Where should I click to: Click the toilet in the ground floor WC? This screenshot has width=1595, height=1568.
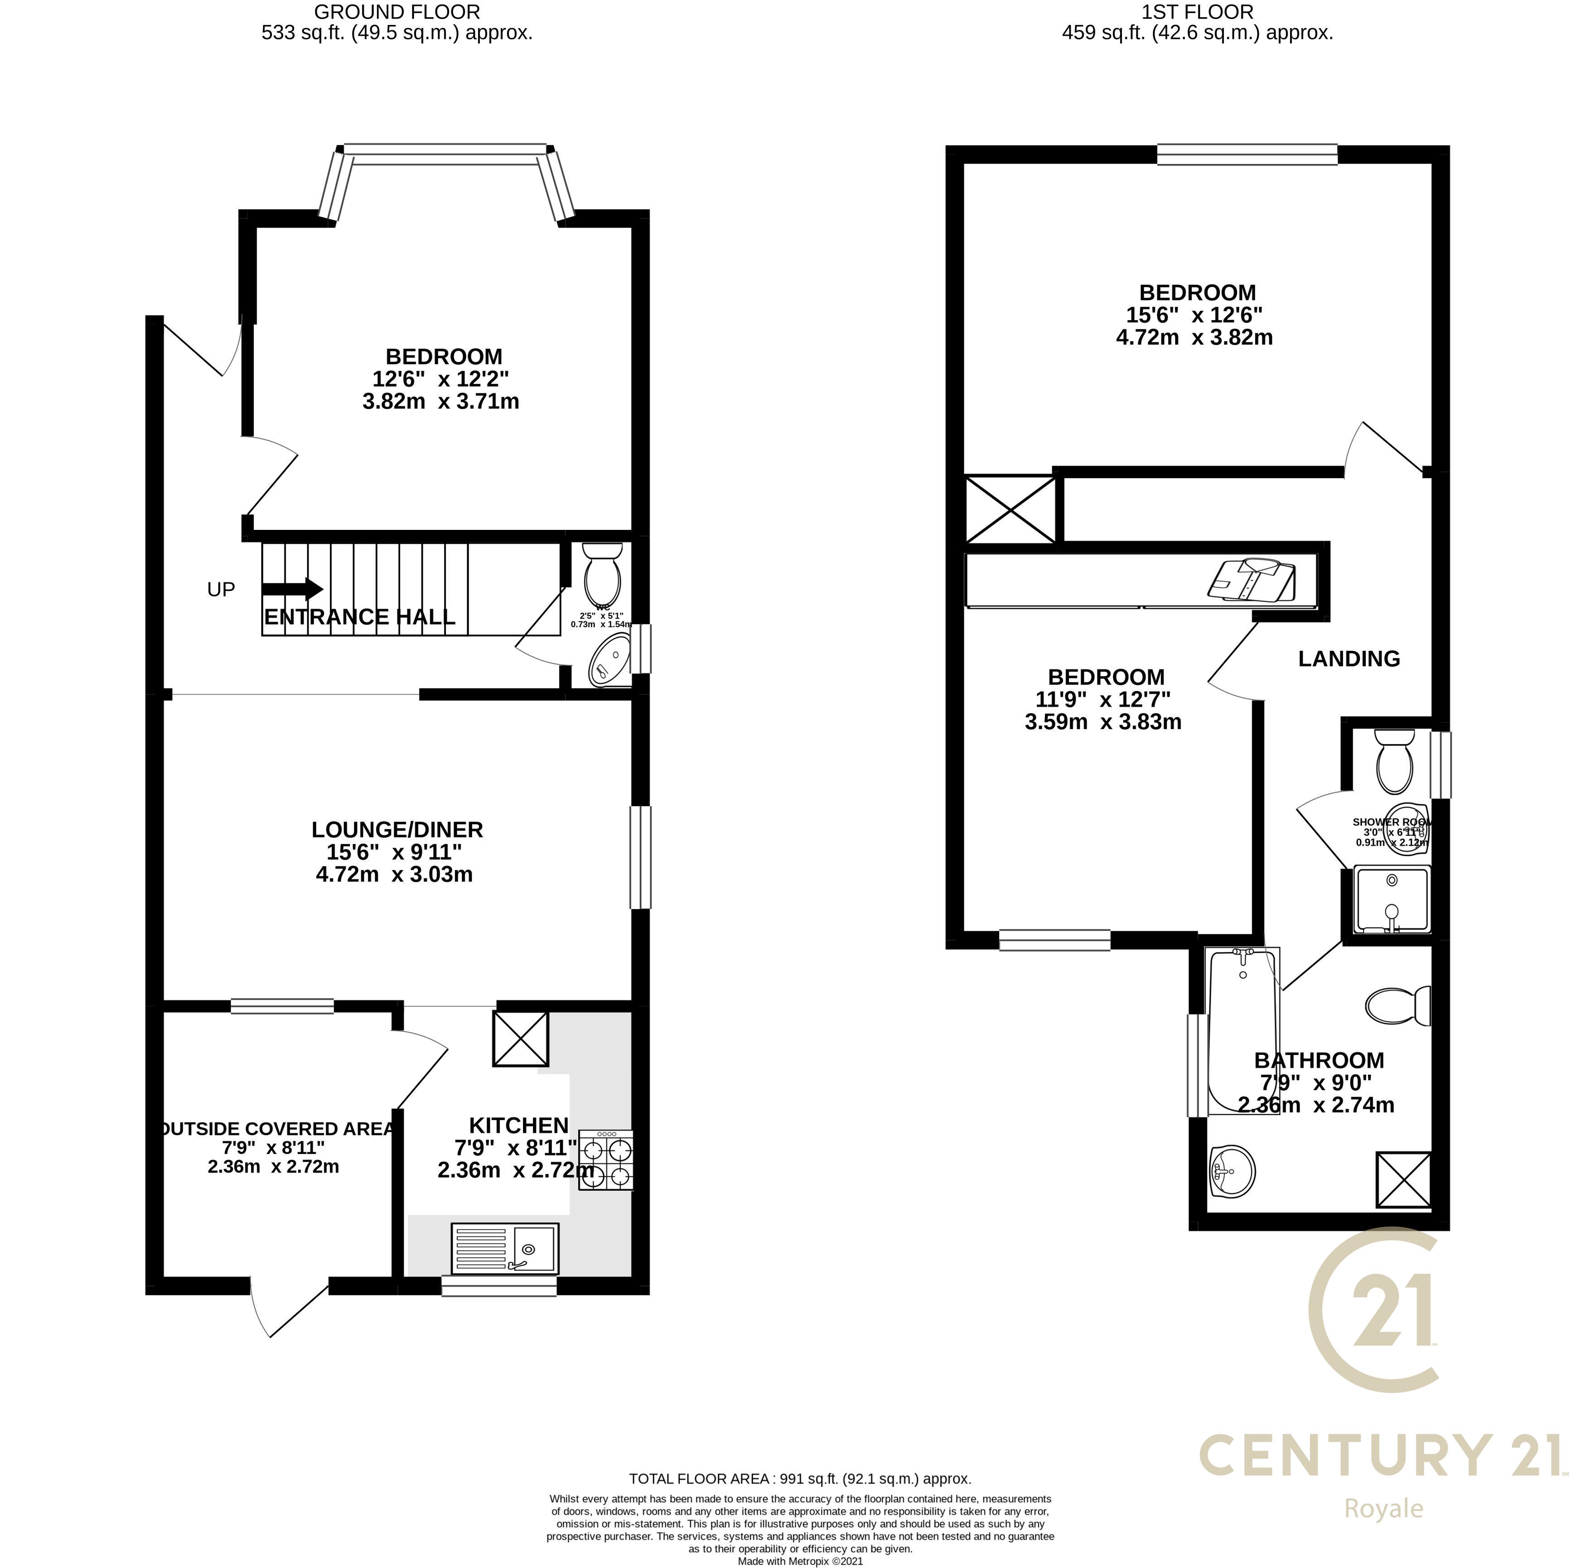[x=602, y=573]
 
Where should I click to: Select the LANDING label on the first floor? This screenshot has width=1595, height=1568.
[x=1348, y=659]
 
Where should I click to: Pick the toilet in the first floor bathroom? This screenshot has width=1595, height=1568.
[x=1398, y=1005]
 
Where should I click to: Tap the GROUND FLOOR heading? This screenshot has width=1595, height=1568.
[x=397, y=12]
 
